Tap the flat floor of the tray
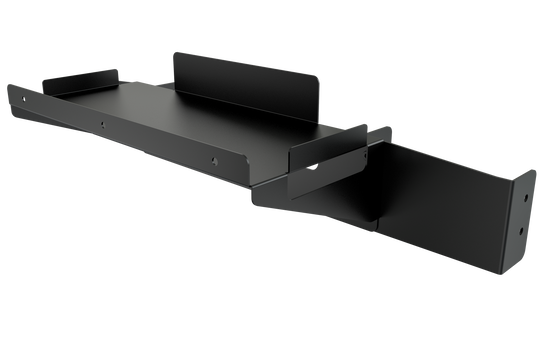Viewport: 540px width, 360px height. pos(170,110)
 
